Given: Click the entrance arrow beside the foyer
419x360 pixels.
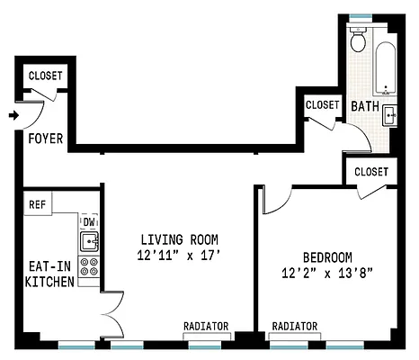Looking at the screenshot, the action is tap(13, 115).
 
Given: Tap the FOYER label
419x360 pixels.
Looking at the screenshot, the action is tap(46, 139).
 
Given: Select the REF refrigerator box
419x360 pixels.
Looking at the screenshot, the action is tap(38, 203).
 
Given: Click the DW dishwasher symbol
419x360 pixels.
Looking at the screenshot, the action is tap(89, 222).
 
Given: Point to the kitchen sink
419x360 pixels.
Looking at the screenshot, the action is tap(89, 241).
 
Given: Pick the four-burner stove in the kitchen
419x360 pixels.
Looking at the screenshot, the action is tap(89, 266).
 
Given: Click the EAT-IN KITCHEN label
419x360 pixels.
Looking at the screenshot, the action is tap(49, 274).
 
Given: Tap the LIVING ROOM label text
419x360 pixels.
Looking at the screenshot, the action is tap(180, 239).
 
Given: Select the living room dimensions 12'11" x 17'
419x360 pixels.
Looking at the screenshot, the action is tap(179, 256).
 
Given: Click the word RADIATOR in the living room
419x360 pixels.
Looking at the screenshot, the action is tap(206, 326).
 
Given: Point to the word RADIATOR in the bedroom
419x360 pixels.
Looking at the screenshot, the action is tap(295, 326).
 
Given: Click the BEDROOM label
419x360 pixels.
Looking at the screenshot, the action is tap(327, 257).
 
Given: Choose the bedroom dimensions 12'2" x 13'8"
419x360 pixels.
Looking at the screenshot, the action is tap(327, 274).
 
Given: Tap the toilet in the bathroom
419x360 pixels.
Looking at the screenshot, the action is tap(359, 39).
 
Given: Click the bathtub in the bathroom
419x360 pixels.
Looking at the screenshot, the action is tap(386, 68).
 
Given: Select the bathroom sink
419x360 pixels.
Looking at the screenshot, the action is tap(389, 115).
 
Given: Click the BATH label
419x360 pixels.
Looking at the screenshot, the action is tap(365, 106).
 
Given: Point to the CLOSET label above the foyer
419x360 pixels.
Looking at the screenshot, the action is tap(46, 76).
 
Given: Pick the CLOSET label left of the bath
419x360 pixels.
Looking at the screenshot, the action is tap(323, 105).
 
